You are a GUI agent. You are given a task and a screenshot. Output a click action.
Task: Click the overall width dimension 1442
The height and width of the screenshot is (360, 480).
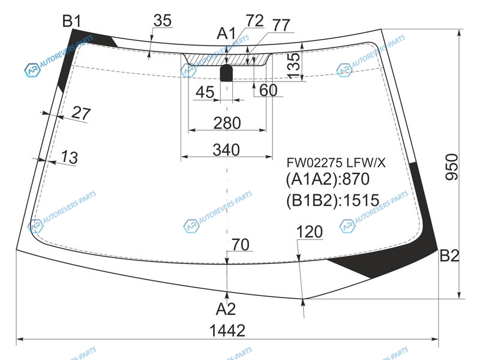click(227, 331)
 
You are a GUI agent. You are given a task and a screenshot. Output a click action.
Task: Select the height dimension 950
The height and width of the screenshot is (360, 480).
click(452, 167)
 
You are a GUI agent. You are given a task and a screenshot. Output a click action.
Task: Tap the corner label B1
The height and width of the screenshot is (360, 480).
click(72, 22)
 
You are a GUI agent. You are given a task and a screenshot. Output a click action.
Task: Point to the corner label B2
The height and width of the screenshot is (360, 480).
click(449, 256)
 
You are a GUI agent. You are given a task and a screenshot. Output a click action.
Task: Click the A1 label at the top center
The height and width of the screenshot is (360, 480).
click(226, 34)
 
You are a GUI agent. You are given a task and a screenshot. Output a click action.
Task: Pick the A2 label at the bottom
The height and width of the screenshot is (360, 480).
click(226, 309)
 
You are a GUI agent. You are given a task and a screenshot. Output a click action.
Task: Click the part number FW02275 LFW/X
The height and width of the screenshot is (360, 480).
click(336, 163)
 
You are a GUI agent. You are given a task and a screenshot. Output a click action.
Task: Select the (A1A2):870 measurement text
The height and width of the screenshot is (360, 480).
click(328, 179)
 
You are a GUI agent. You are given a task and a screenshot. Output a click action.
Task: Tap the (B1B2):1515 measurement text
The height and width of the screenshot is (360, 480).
click(333, 200)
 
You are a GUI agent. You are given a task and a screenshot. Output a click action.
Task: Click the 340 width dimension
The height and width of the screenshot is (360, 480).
click(226, 150)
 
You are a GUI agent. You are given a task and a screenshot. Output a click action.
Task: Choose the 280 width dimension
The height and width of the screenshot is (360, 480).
click(227, 123)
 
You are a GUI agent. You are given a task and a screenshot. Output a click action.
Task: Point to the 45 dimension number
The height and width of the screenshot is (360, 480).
click(205, 92)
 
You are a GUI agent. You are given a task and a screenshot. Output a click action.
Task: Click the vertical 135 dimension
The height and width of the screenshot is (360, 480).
click(294, 65)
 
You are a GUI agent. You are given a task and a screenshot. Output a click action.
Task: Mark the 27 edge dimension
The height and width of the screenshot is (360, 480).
click(81, 113)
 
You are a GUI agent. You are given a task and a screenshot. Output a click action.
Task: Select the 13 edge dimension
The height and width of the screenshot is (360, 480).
click(70, 157)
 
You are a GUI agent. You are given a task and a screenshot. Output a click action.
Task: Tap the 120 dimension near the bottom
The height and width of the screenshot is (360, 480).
click(309, 232)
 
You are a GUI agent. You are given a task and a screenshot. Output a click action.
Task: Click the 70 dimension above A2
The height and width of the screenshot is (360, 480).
click(241, 245)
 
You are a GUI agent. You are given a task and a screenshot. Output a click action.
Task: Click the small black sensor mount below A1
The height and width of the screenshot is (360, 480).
click(227, 73)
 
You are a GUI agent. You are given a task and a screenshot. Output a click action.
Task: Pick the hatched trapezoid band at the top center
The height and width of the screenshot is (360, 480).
click(227, 59)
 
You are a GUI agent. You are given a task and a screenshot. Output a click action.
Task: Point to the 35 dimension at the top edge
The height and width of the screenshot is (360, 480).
click(163, 20)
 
